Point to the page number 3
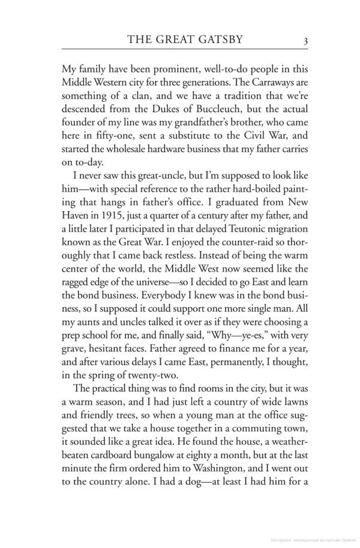(305, 41)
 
